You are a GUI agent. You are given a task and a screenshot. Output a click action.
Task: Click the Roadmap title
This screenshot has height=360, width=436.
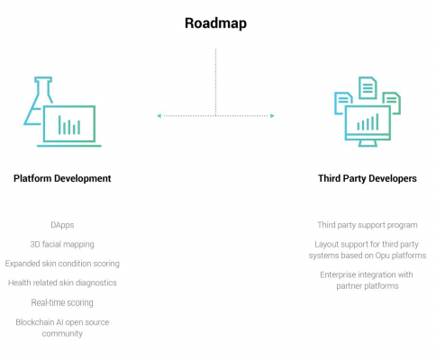tap(215, 23)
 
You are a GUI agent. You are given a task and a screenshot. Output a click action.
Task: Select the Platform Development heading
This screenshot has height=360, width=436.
tap(62, 178)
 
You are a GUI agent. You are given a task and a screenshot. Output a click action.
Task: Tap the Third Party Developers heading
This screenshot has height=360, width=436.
tap(368, 178)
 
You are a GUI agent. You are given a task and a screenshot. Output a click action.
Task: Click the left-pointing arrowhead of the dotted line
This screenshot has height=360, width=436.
tap(159, 116)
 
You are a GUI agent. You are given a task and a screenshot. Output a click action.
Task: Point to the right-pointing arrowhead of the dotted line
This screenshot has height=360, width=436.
tap(272, 116)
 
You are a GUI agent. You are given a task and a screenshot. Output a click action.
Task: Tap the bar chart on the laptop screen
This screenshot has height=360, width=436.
tap(69, 125)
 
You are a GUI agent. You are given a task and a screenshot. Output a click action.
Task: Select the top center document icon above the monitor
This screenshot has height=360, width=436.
tap(368, 88)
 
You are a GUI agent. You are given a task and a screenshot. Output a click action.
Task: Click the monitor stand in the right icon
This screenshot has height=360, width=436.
tap(368, 143)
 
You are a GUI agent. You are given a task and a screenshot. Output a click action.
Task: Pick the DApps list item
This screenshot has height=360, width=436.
tap(62, 225)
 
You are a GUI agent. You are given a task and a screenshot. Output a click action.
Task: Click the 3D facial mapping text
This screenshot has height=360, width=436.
tap(62, 245)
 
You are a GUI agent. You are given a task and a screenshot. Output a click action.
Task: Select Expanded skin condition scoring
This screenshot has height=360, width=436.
tap(62, 264)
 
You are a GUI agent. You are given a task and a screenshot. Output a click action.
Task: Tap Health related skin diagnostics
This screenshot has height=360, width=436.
tap(62, 283)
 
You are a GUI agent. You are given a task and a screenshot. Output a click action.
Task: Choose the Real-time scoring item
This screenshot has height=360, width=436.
tap(62, 302)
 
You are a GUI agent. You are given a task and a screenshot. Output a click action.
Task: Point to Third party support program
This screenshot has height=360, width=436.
tap(368, 225)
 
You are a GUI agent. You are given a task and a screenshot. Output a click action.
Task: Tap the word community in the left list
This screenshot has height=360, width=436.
tap(62, 334)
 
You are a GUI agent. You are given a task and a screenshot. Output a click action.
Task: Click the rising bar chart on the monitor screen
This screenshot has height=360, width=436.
tap(368, 122)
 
